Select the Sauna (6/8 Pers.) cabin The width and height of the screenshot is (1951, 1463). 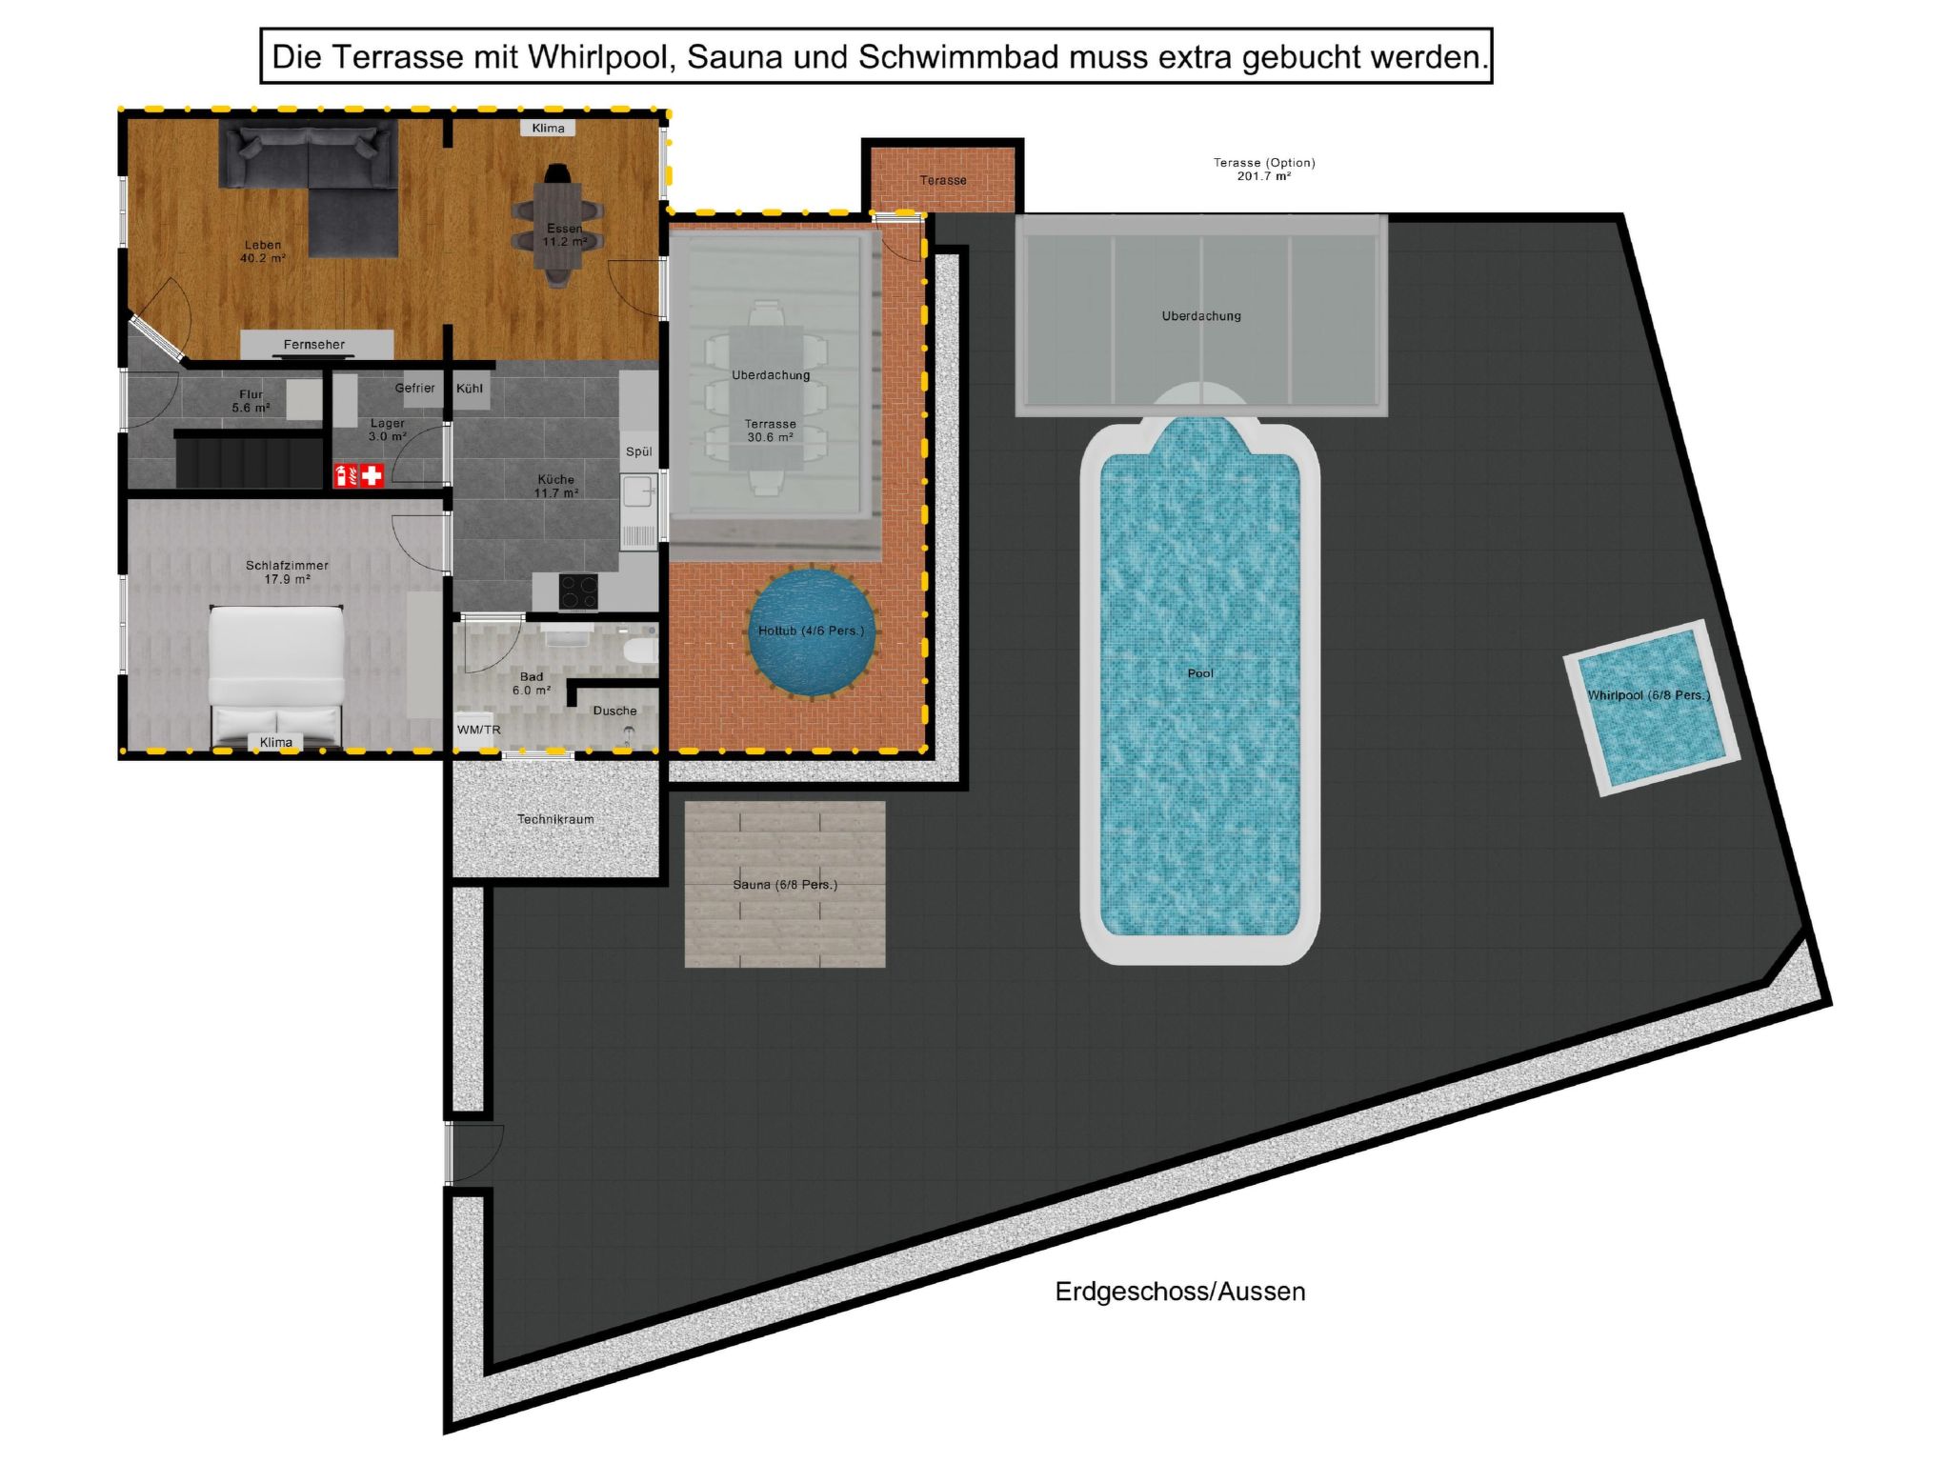point(785,885)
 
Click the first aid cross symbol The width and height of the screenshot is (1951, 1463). point(372,474)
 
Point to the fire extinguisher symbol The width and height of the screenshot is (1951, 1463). point(344,474)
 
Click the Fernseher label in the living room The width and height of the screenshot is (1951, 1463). point(314,345)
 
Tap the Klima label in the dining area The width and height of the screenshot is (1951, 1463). point(548,128)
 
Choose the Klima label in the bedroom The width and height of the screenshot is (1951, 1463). point(276,742)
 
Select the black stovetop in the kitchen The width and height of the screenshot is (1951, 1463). point(577,591)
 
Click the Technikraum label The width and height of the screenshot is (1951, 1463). point(555,819)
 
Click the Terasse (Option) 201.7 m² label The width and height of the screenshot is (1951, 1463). point(1264,170)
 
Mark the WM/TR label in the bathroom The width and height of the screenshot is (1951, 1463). point(478,731)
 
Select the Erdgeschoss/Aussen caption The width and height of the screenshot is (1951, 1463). point(1180,1292)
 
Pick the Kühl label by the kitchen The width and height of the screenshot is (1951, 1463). point(470,389)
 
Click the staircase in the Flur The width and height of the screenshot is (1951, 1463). point(248,460)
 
